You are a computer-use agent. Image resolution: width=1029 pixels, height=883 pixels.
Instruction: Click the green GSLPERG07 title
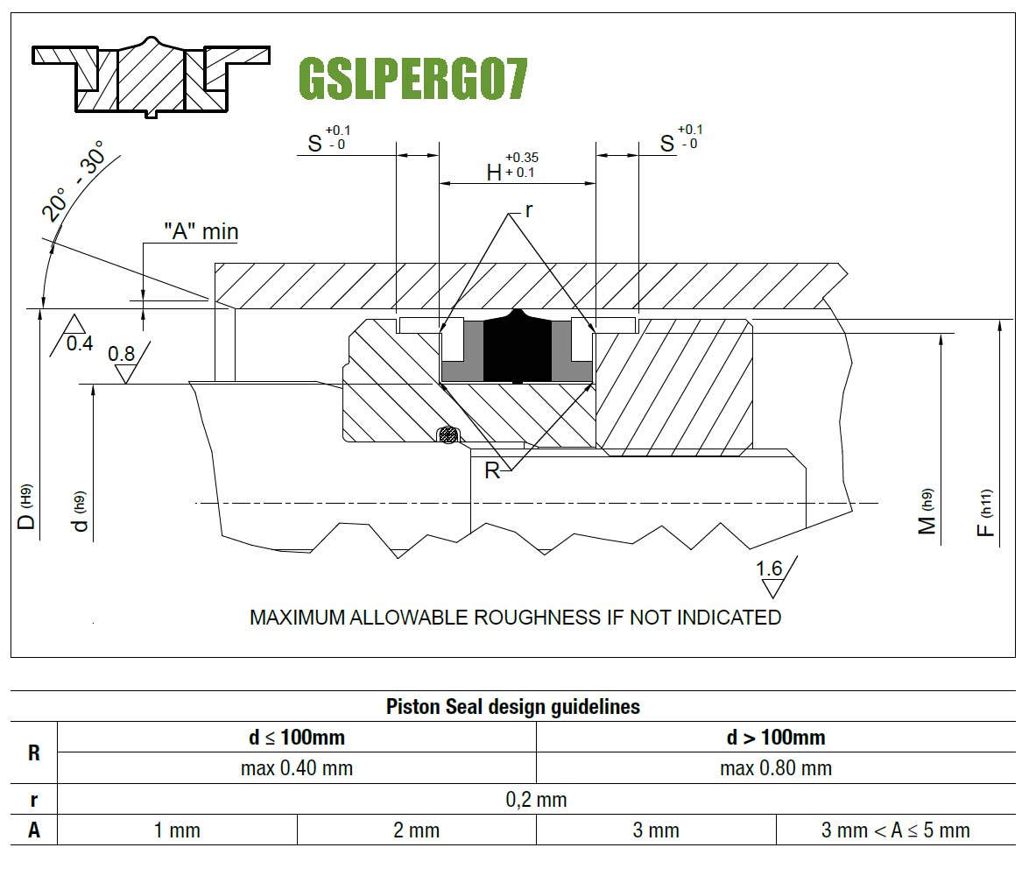click(412, 79)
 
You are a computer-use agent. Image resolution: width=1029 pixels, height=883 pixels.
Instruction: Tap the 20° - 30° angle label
click(73, 180)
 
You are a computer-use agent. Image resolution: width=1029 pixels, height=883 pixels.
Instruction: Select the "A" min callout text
click(201, 231)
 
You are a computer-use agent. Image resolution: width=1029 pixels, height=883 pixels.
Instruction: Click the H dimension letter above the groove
click(494, 173)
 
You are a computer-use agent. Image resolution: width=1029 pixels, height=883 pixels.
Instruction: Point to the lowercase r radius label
click(529, 211)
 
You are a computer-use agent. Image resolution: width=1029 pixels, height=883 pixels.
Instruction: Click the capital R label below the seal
click(492, 470)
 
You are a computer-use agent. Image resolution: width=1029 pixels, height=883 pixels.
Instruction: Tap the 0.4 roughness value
click(80, 343)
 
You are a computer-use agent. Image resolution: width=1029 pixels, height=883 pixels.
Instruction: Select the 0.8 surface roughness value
click(122, 354)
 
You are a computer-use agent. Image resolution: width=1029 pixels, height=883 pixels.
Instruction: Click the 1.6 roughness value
click(769, 568)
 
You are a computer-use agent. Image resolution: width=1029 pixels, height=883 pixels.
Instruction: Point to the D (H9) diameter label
click(25, 507)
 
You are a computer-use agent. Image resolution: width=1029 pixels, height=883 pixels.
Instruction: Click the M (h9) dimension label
click(927, 512)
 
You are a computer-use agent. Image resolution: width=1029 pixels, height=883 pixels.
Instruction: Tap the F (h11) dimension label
click(986, 512)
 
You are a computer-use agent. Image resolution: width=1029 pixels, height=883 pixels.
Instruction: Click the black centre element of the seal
click(517, 348)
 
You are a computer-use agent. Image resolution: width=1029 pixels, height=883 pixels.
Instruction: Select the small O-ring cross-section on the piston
click(448, 434)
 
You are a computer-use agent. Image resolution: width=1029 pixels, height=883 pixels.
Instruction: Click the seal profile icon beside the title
click(151, 77)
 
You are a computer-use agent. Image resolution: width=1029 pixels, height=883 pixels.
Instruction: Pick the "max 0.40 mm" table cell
click(297, 768)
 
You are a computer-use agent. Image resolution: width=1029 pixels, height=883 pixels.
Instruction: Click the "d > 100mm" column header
click(776, 738)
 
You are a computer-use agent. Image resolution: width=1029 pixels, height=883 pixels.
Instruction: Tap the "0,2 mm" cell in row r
click(536, 800)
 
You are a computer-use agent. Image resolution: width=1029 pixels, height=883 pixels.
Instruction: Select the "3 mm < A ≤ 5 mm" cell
click(896, 830)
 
